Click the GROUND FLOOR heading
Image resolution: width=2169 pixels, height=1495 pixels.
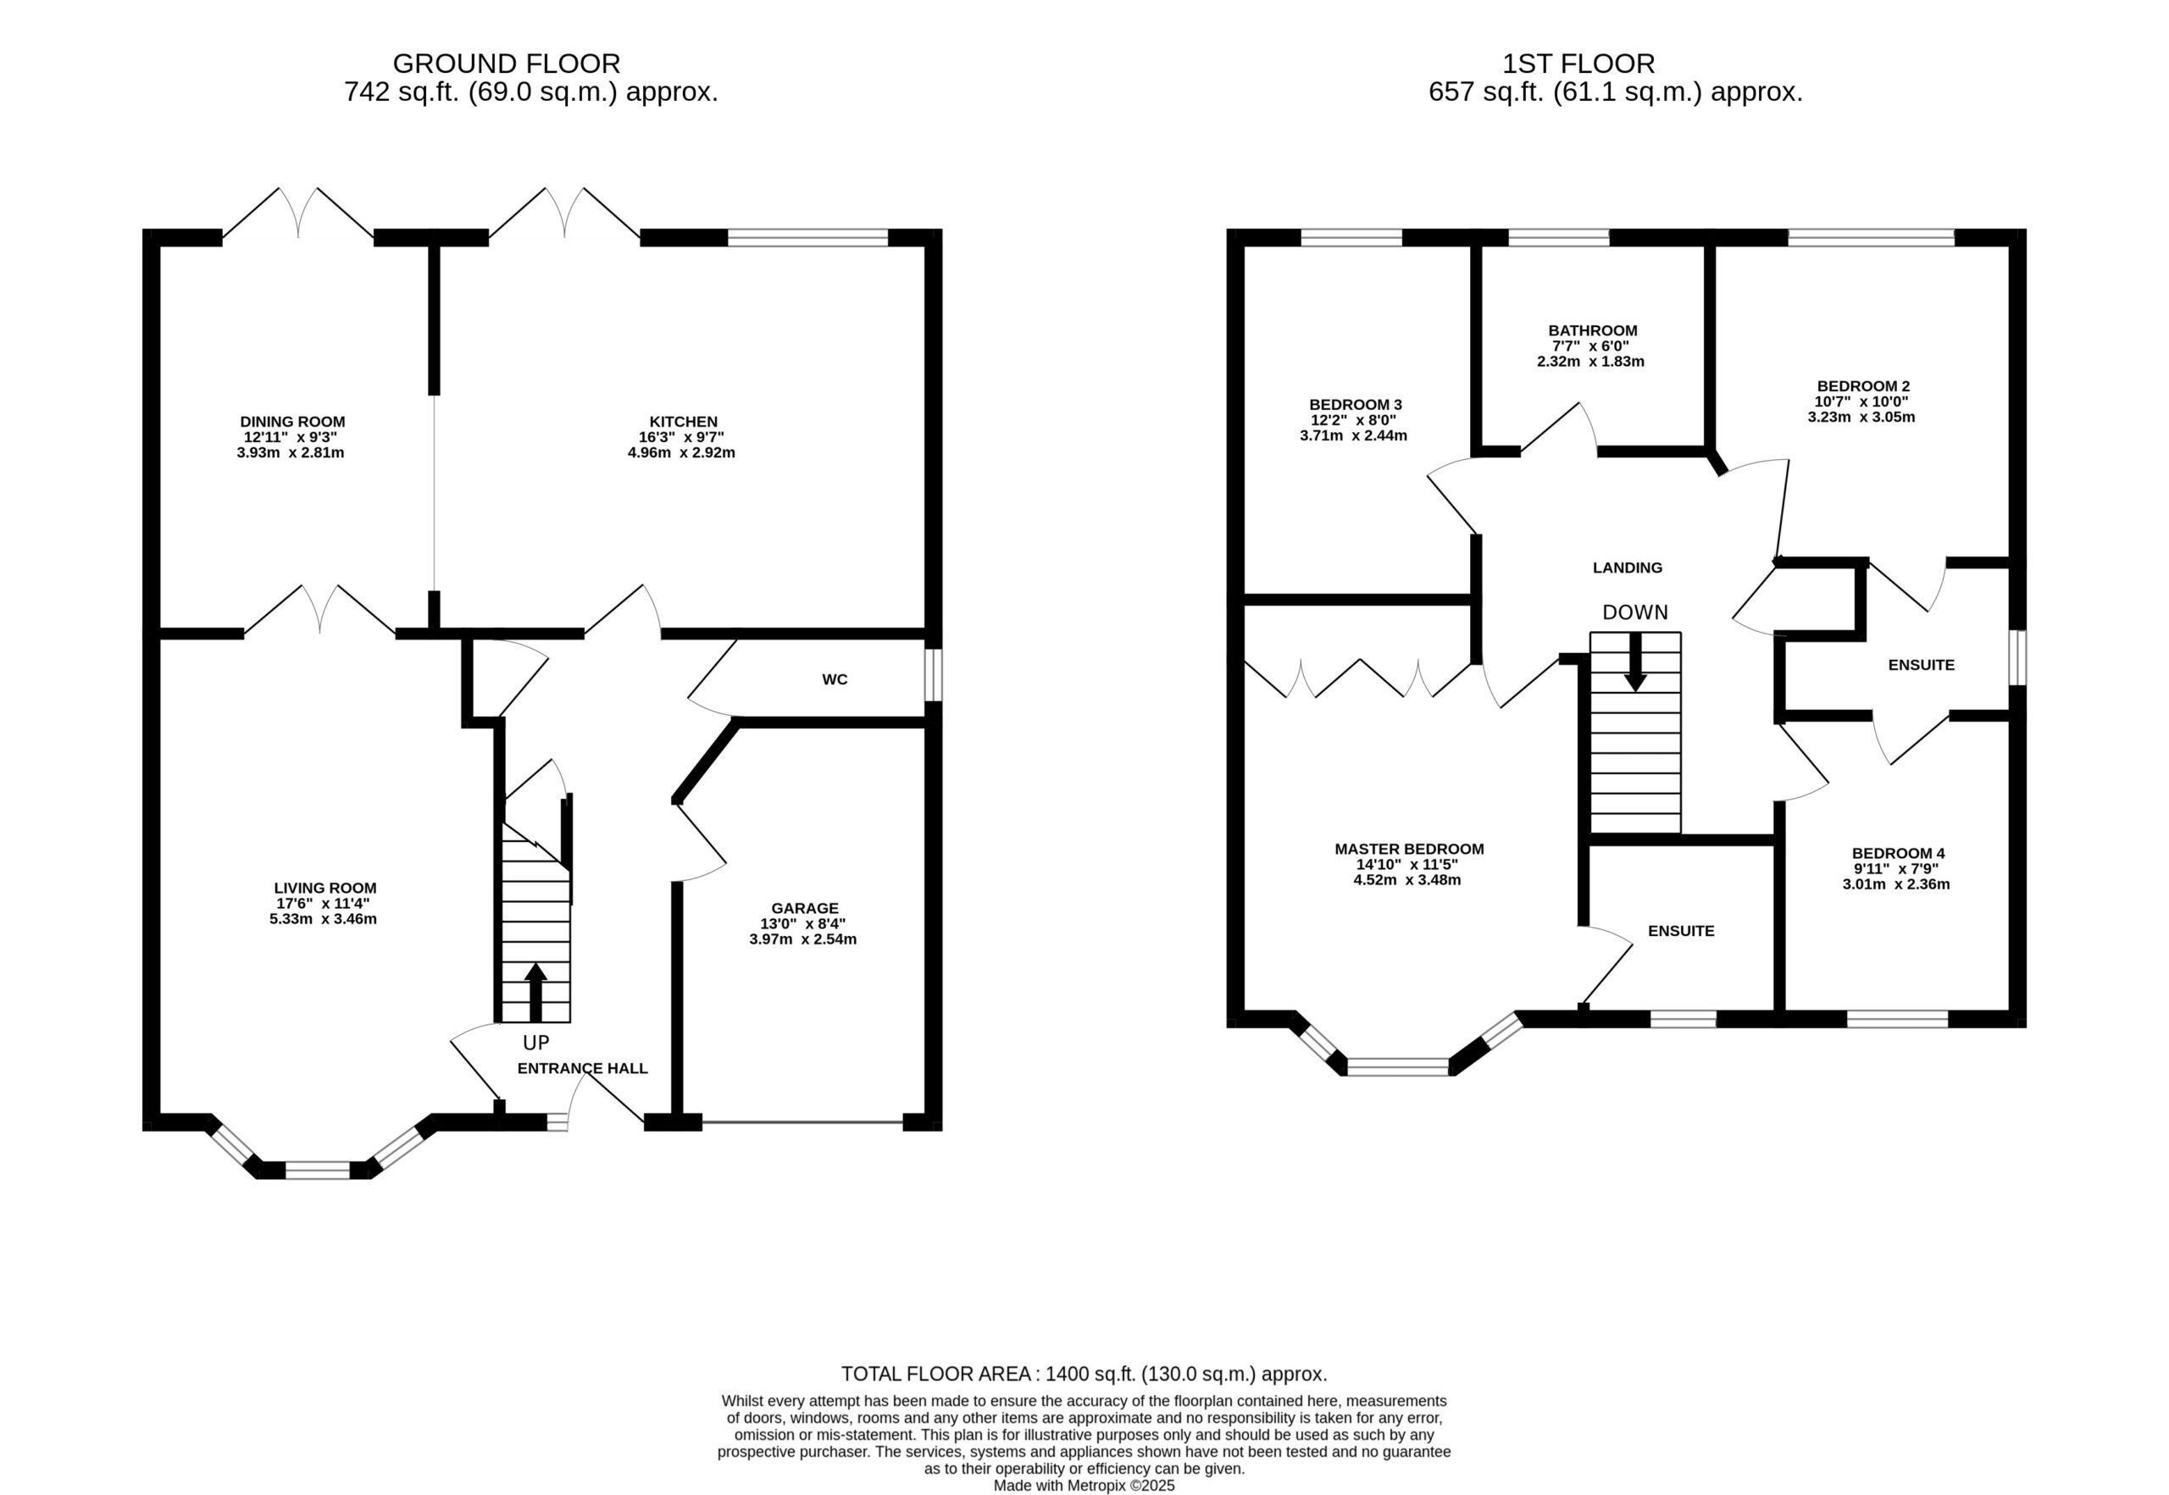[506, 64]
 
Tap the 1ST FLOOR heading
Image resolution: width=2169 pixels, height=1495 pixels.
[1578, 64]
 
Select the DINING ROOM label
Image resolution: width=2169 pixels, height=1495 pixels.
[292, 422]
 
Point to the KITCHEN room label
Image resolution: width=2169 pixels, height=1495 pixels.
[684, 422]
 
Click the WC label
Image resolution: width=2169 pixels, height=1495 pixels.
[835, 679]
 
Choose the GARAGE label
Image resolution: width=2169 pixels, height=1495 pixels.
[805, 908]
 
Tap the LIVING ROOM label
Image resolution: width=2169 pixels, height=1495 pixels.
[325, 888]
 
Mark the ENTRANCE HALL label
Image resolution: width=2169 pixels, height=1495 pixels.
[583, 1068]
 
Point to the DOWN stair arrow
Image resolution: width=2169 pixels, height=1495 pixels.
[1635, 662]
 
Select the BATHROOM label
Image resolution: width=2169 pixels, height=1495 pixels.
[1593, 330]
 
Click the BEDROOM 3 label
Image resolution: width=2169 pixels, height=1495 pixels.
[1356, 405]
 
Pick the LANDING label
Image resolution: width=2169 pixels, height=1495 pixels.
[1628, 568]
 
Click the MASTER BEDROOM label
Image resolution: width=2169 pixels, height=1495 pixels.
[1409, 849]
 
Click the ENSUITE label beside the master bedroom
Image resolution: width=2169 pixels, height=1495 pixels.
[1681, 931]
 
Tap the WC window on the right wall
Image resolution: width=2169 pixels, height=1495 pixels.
[933, 674]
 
